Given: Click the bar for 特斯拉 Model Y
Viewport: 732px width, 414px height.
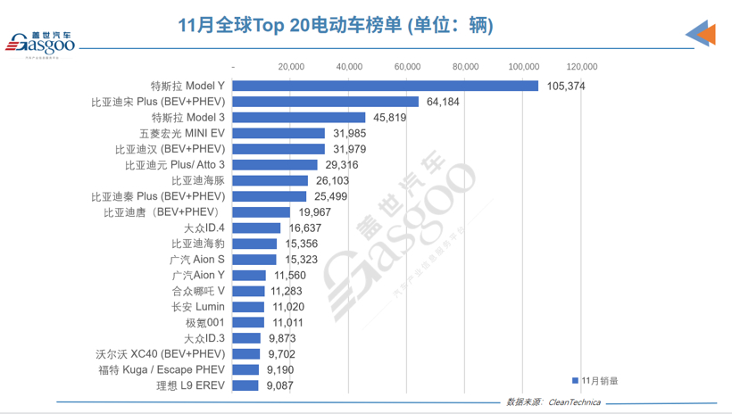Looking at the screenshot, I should [386, 86].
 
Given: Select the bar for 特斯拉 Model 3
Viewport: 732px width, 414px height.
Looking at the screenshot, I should [299, 117].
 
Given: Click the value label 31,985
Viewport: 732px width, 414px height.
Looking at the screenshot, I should [346, 133].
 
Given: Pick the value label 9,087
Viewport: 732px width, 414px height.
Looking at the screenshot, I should [280, 385].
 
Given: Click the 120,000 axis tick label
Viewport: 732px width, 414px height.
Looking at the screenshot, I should [582, 66].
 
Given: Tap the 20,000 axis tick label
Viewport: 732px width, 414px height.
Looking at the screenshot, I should [292, 66].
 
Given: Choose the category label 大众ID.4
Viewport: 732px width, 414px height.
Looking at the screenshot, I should [204, 228].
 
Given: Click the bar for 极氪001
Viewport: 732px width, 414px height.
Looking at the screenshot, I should [249, 322].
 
